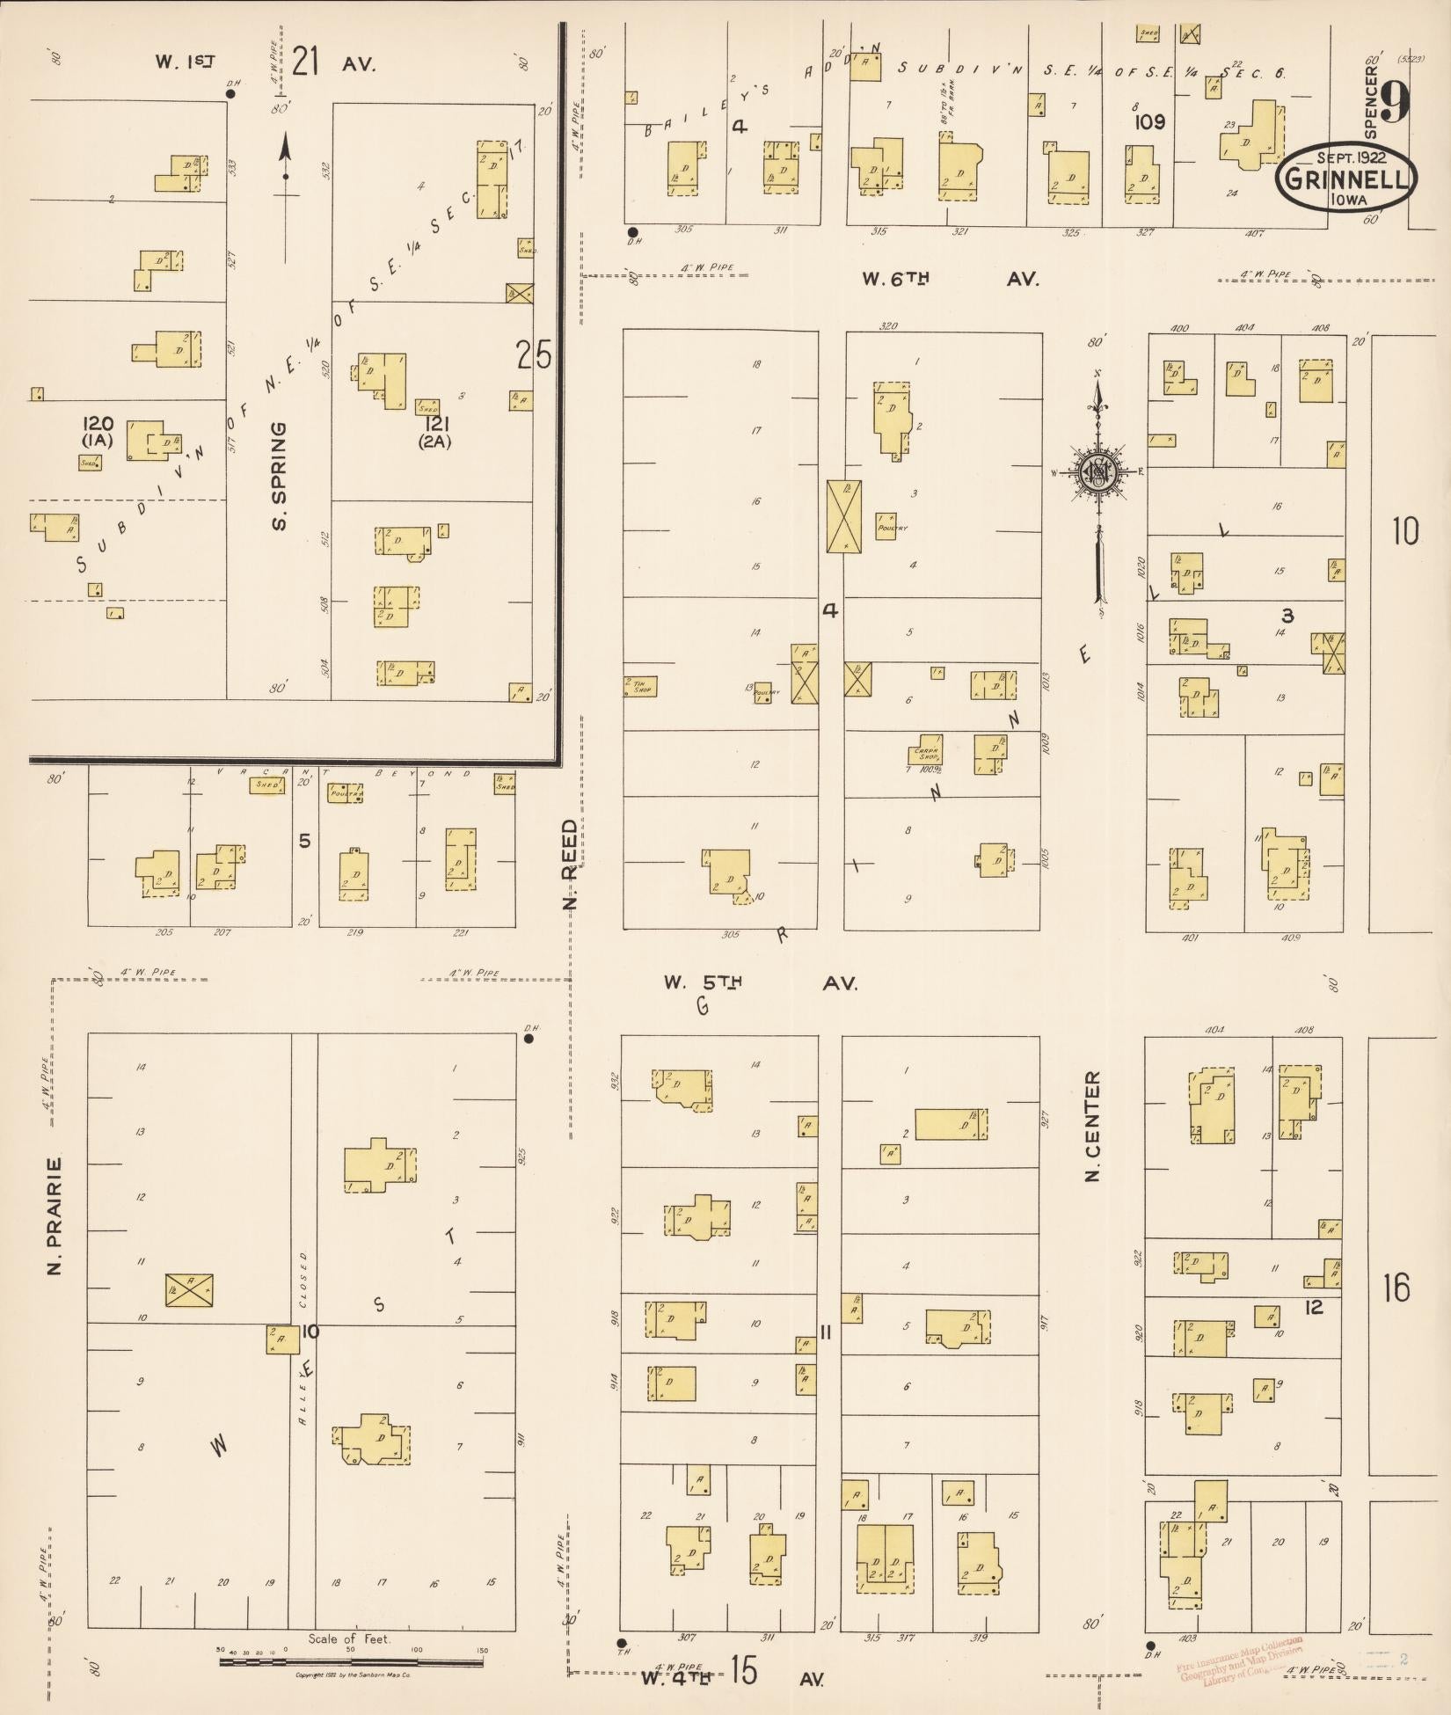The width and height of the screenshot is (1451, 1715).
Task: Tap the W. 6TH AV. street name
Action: tap(950, 280)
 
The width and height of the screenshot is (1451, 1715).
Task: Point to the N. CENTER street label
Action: tap(1093, 1126)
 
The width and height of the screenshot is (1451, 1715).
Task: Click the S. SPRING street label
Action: tap(280, 476)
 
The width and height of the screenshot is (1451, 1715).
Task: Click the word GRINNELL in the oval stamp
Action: tap(1346, 179)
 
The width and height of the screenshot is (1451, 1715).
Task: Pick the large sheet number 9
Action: tap(1395, 103)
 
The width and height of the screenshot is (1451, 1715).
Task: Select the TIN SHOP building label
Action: tap(639, 685)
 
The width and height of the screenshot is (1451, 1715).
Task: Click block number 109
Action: tap(1150, 122)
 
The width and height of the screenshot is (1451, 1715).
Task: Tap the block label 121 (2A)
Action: tap(434, 431)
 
